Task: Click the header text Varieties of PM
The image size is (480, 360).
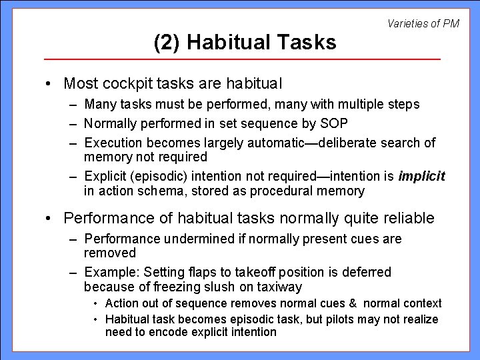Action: pyautogui.click(x=423, y=23)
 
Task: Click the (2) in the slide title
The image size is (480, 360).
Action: pyautogui.click(x=168, y=43)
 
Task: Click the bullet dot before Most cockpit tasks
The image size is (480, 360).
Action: pyautogui.click(x=50, y=84)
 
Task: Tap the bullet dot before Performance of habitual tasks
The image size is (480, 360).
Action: pyautogui.click(x=50, y=218)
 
